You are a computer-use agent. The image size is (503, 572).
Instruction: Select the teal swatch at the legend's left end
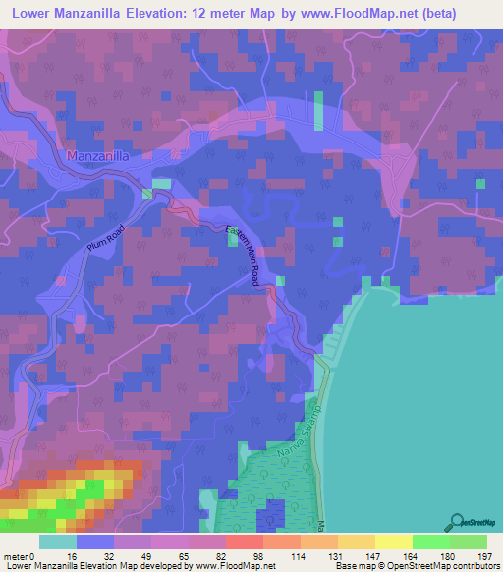(58, 542)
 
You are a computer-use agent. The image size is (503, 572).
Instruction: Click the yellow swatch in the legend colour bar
(393, 542)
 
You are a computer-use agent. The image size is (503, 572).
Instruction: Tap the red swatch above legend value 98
(244, 542)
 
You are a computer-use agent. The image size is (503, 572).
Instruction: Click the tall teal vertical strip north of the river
(318, 111)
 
